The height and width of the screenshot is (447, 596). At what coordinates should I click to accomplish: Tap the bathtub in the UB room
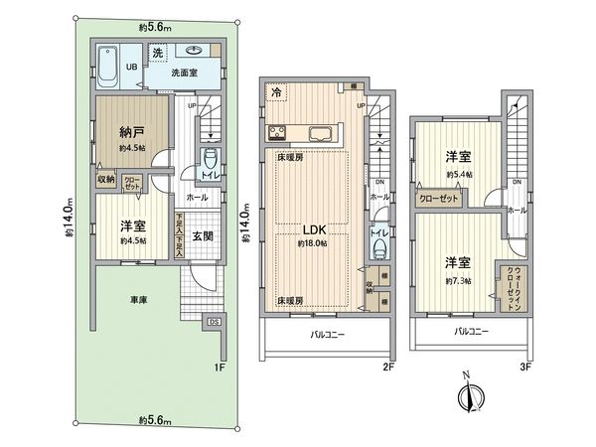tap(108, 67)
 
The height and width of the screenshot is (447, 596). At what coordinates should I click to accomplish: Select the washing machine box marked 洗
tap(158, 52)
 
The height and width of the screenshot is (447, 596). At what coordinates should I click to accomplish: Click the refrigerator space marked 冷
tap(275, 90)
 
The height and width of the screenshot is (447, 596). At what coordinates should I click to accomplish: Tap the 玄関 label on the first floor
tap(201, 234)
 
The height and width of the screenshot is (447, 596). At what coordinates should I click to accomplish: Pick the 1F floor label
tap(221, 367)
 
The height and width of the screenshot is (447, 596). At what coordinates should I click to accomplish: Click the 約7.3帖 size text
tap(457, 280)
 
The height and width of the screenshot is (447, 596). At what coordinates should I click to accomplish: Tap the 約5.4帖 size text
tap(457, 174)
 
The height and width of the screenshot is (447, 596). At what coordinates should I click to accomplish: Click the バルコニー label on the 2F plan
tap(326, 336)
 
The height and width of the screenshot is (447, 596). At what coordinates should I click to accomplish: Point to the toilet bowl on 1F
tap(209, 162)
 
